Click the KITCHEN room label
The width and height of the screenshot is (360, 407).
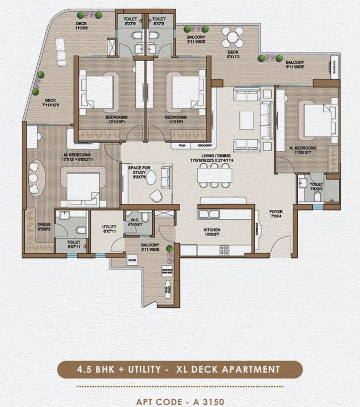coord(212,230)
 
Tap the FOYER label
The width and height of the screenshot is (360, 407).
coord(276,212)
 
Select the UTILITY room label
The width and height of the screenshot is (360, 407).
coord(109,227)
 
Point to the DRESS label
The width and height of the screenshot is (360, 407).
coord(44,224)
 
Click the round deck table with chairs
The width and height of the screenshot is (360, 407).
coord(233,36)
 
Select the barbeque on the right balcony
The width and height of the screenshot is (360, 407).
coord(334,63)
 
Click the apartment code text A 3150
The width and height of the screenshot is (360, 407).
coord(180,401)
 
